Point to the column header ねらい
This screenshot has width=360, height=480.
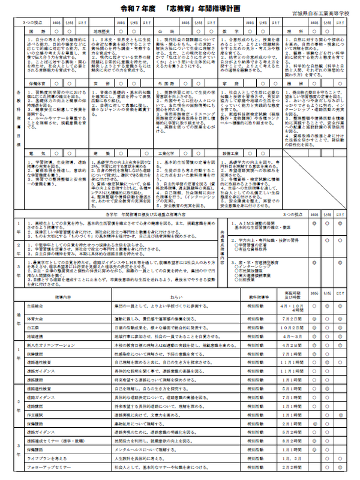pyautogui.click(x=176, y=297)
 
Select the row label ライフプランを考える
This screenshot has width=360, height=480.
pyautogui.click(x=46, y=458)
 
